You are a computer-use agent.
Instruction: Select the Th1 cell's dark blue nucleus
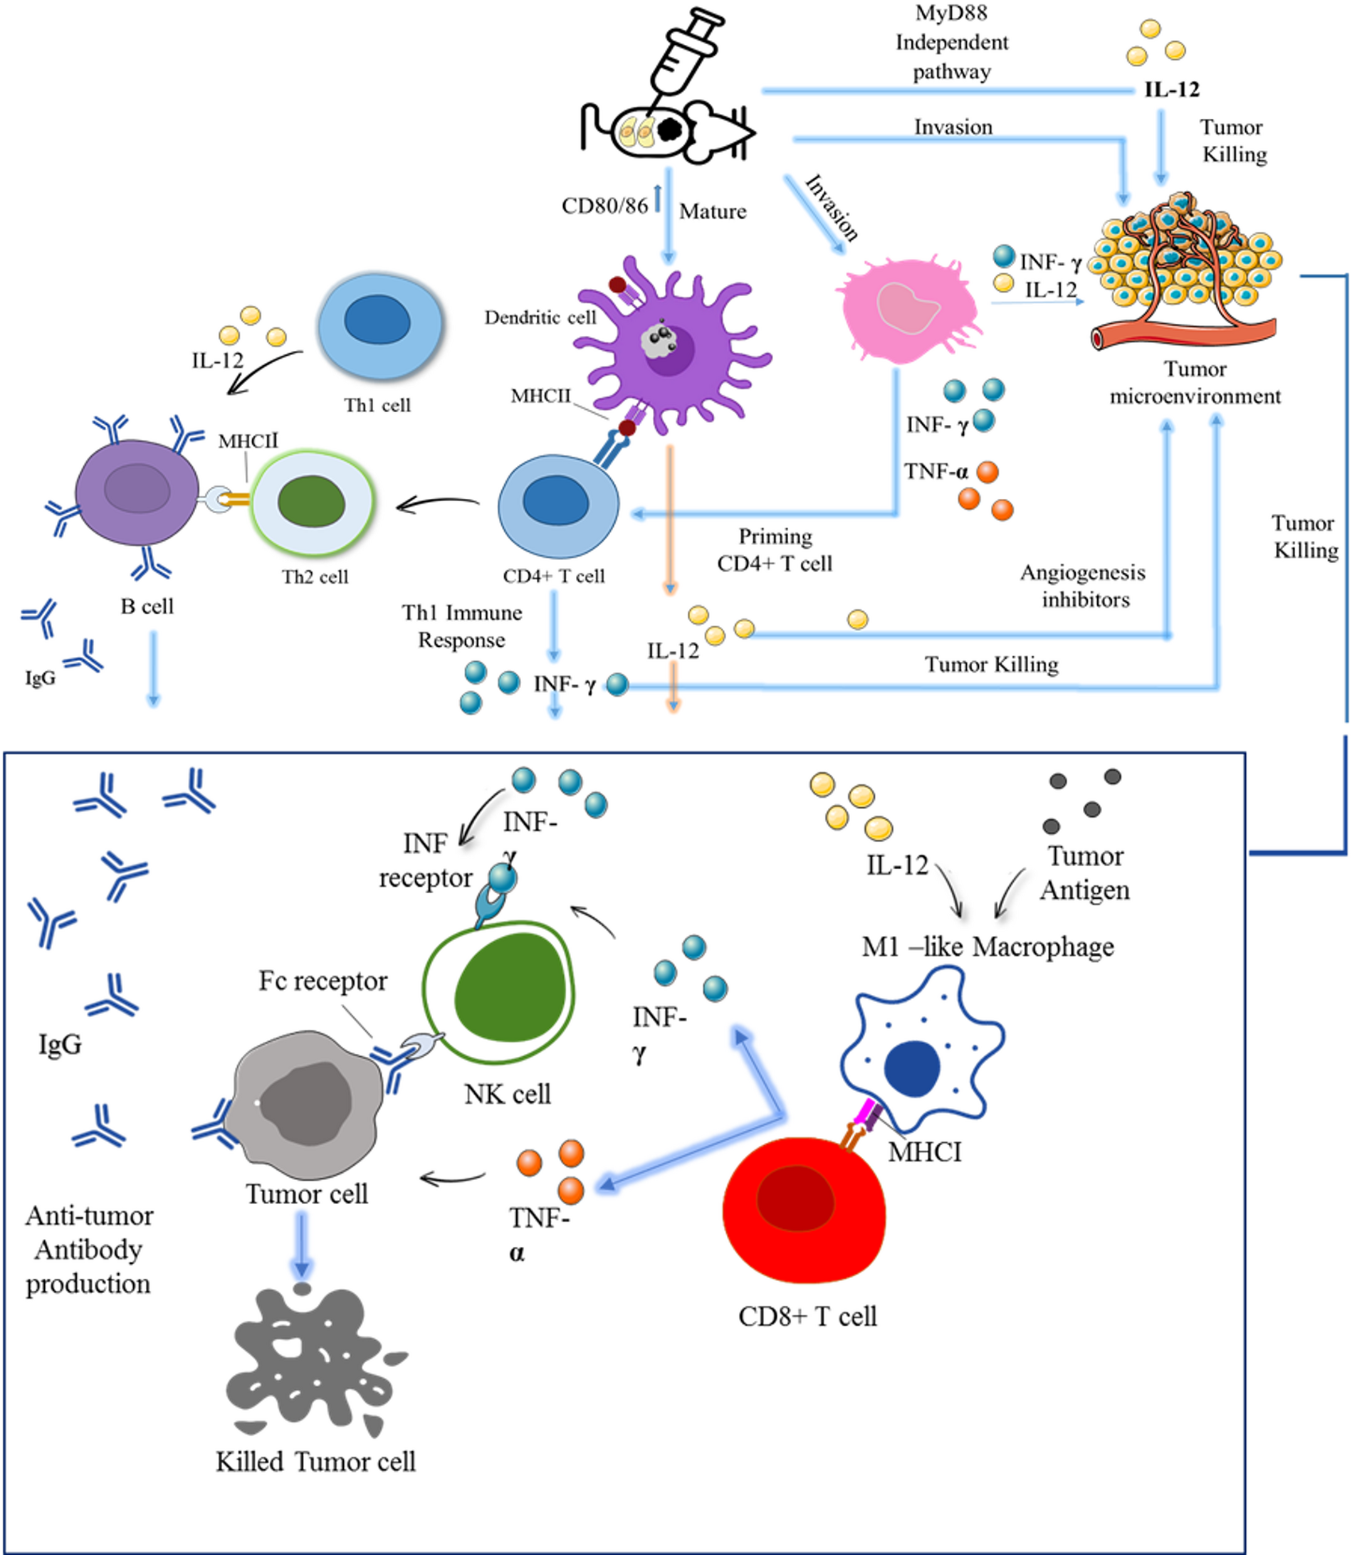[x=377, y=319]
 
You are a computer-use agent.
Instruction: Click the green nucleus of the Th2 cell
[x=311, y=502]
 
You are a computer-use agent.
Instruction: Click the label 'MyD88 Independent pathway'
[x=951, y=42]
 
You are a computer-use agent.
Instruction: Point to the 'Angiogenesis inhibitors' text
[x=1084, y=586]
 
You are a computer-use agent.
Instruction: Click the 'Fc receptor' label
[x=323, y=981]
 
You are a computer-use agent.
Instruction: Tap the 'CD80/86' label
[x=604, y=206]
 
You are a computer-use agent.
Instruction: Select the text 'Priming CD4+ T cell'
[x=775, y=549]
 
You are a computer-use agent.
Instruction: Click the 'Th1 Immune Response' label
[x=462, y=626]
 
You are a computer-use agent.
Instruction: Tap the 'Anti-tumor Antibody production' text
[x=88, y=1250]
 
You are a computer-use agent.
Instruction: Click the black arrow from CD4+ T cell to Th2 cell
[x=438, y=503]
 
